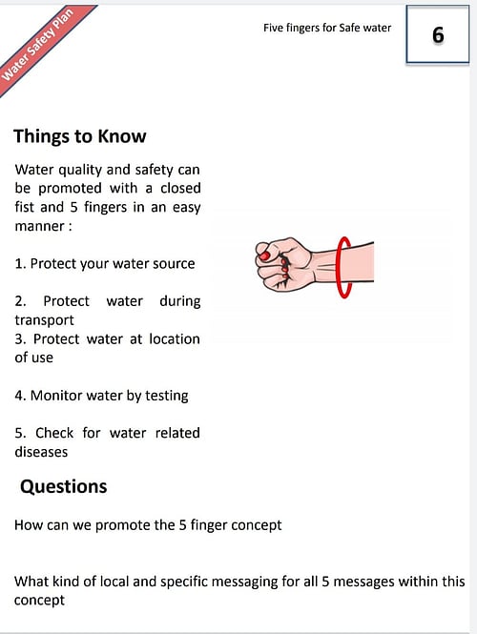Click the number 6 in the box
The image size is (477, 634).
[437, 35]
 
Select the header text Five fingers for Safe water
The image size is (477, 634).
[327, 28]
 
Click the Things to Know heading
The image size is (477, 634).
[80, 135]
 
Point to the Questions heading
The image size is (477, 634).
[64, 486]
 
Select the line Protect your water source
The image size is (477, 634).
[105, 263]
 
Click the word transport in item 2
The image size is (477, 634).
[44, 319]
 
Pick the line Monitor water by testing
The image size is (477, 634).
[101, 395]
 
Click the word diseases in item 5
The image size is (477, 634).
[42, 451]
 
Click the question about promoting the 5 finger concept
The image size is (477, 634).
[148, 524]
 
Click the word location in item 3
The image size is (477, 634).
[172, 338]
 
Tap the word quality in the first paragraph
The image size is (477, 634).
[82, 170]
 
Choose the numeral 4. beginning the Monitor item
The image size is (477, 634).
[21, 395]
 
